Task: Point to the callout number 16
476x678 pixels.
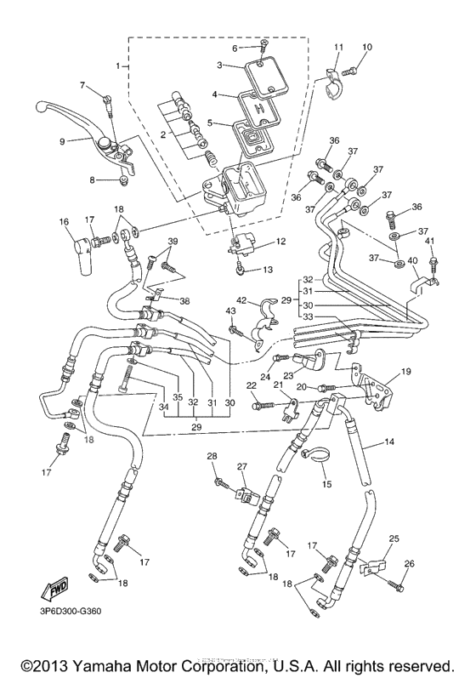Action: (x=63, y=222)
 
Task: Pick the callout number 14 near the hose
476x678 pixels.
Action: (x=390, y=443)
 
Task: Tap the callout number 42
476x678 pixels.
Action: (x=241, y=301)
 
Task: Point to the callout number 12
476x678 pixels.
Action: (x=280, y=242)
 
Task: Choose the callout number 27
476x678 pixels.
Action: (x=241, y=467)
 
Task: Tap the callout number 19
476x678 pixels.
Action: (x=405, y=371)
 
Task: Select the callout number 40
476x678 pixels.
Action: (x=412, y=260)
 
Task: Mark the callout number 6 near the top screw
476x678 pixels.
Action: (x=235, y=48)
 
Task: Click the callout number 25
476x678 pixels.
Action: (x=394, y=539)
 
